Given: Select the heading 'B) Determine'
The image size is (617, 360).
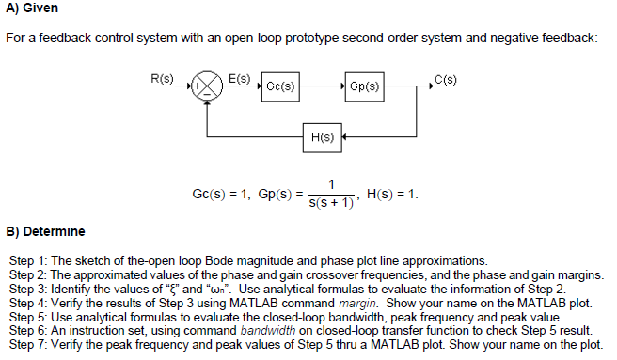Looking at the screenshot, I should coord(45,230).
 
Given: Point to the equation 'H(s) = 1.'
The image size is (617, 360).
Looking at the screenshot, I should coord(392,195).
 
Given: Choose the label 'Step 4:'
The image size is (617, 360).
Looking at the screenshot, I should coord(28,302).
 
